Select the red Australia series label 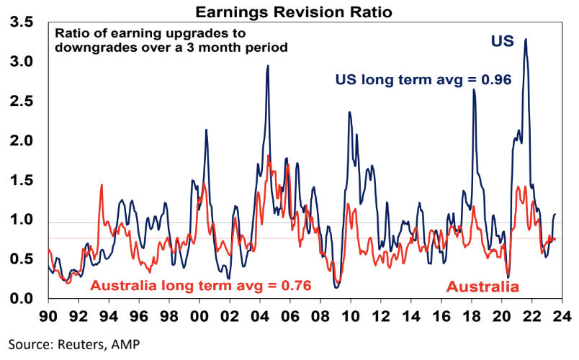click(482, 287)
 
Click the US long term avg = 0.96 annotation click(423, 80)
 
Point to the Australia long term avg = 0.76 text click(200, 285)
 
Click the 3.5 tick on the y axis click(22, 23)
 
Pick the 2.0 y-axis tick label click(22, 141)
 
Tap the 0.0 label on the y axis click(22, 298)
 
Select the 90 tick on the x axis click(48, 315)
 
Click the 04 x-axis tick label click(260, 315)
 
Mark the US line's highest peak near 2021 click(526, 40)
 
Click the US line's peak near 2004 click(268, 66)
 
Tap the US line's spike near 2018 click(474, 90)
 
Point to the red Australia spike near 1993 click(101, 185)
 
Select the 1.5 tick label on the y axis click(22, 180)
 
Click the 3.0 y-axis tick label click(22, 63)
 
